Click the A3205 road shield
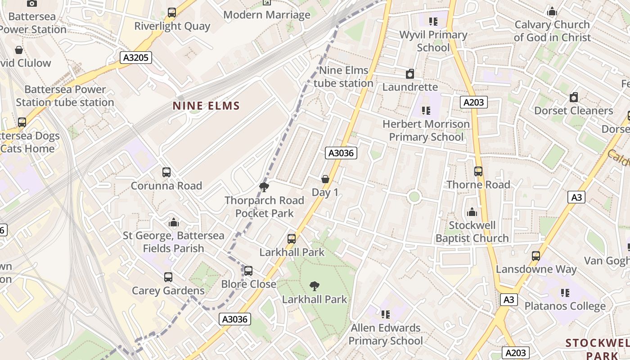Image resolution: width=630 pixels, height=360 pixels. pos(136,58)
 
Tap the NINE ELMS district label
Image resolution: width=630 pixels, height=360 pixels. pos(207,106)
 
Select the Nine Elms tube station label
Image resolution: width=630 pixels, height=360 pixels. pos(343,77)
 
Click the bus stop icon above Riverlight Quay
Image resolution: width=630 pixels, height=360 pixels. pos(172,13)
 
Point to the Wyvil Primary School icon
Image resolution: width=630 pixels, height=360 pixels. pos(433,21)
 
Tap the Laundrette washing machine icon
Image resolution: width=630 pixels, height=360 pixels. pos(410,74)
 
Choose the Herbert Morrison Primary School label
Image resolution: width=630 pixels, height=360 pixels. pos(426,130)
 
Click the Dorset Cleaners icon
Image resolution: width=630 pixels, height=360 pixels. pos(574,97)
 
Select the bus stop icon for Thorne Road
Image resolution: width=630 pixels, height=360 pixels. pos(478,171)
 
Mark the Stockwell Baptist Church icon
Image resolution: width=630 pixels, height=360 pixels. pos(472,211)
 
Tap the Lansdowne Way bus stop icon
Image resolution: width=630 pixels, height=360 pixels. pos(536,256)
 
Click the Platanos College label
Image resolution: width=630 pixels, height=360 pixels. pos(565,306)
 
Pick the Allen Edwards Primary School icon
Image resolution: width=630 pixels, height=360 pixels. pos(385,314)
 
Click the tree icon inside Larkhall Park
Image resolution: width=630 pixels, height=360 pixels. pos(315,286)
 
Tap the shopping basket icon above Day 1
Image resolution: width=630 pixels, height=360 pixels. pos(325,179)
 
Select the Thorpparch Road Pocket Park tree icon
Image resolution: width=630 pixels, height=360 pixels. pos(264,187)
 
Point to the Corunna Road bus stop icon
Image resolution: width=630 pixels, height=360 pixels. pos(166,172)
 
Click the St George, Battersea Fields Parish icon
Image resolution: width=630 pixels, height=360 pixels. pos(174,222)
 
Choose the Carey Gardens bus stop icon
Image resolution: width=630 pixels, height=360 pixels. pos(168,277)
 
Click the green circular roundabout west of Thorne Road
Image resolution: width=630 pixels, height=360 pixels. pos(414,197)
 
